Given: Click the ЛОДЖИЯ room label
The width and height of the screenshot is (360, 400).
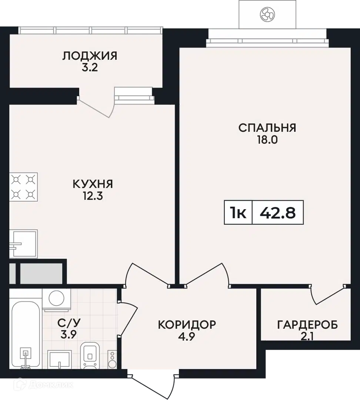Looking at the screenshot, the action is point(90,56).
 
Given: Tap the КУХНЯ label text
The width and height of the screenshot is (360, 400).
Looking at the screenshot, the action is point(93,184).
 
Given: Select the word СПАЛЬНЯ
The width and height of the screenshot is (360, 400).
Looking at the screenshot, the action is point(267,128).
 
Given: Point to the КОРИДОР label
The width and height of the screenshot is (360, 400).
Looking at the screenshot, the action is point(187,324).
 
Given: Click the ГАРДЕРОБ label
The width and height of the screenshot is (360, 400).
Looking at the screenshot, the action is point(307,325).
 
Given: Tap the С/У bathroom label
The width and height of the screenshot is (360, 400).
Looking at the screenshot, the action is point(69,323).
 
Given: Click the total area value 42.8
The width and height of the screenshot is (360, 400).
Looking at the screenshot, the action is point(277,213).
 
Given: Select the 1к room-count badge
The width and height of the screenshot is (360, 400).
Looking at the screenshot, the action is point(238,213).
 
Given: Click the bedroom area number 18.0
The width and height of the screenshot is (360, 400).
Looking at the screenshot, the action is point(267,140).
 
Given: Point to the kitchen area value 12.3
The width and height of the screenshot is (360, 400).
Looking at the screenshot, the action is point(93,196).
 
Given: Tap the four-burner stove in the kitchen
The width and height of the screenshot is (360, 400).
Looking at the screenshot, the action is point(23,187).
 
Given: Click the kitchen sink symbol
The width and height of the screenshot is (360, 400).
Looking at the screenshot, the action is point(23,244).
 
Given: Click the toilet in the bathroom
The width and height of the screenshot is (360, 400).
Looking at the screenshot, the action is point(90,356).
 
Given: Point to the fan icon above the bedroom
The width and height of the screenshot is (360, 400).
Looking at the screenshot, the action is point(267,14).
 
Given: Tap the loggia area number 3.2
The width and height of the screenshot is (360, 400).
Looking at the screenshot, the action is point(90,68).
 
